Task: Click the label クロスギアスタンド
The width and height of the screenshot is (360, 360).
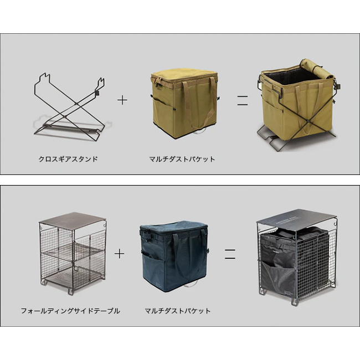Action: click(x=68, y=159)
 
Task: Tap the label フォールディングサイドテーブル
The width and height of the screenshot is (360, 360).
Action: click(x=70, y=311)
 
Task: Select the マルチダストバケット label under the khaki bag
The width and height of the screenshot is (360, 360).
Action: click(x=182, y=159)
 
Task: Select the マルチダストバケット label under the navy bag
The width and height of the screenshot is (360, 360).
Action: click(x=178, y=311)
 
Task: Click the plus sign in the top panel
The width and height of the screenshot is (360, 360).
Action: click(x=122, y=100)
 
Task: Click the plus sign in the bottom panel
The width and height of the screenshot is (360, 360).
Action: click(x=119, y=254)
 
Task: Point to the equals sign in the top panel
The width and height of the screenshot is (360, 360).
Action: click(x=243, y=100)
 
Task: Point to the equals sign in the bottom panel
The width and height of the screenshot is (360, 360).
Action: click(x=230, y=254)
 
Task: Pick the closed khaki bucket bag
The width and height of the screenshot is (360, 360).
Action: click(x=184, y=104)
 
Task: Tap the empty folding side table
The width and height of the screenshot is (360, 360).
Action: click(x=73, y=253)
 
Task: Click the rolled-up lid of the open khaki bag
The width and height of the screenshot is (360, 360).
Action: click(x=316, y=68)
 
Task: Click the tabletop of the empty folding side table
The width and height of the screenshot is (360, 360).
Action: click(x=73, y=220)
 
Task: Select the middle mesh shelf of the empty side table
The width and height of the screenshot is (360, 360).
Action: click(x=74, y=253)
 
